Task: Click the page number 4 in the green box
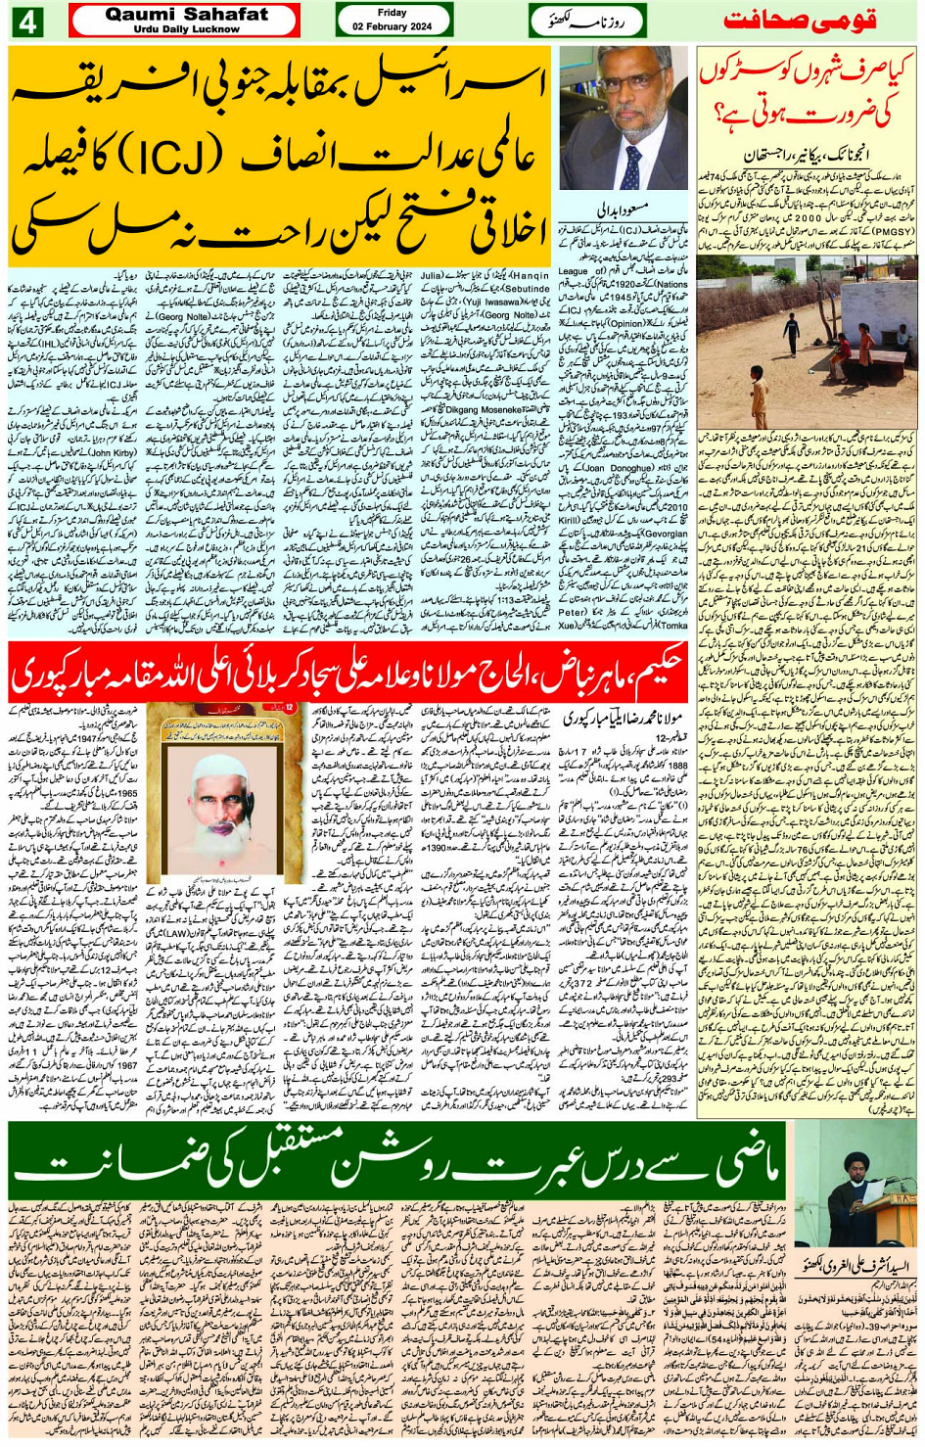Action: pyautogui.click(x=26, y=22)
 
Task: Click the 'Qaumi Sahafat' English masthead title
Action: pyautogui.click(x=186, y=15)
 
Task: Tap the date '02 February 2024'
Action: pyautogui.click(x=392, y=27)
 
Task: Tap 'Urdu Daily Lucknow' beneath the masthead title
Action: pyautogui.click(x=186, y=29)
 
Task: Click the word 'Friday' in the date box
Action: pyautogui.click(x=392, y=13)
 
